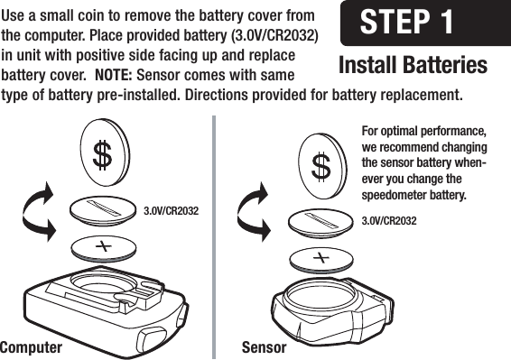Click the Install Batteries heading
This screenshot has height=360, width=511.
pyautogui.click(x=412, y=66)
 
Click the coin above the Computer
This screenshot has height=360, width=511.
pyautogui.click(x=104, y=155)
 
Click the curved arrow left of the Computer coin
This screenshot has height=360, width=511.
pyautogui.click(x=41, y=212)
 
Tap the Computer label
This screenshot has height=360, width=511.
pyautogui.click(x=32, y=347)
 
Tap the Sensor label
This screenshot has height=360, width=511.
pyautogui.click(x=264, y=347)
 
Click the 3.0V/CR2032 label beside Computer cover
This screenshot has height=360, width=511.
pyautogui.click(x=171, y=211)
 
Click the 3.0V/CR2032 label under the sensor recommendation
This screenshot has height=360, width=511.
pyautogui.click(x=388, y=221)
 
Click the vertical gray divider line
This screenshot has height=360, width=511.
pyautogui.click(x=216, y=235)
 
